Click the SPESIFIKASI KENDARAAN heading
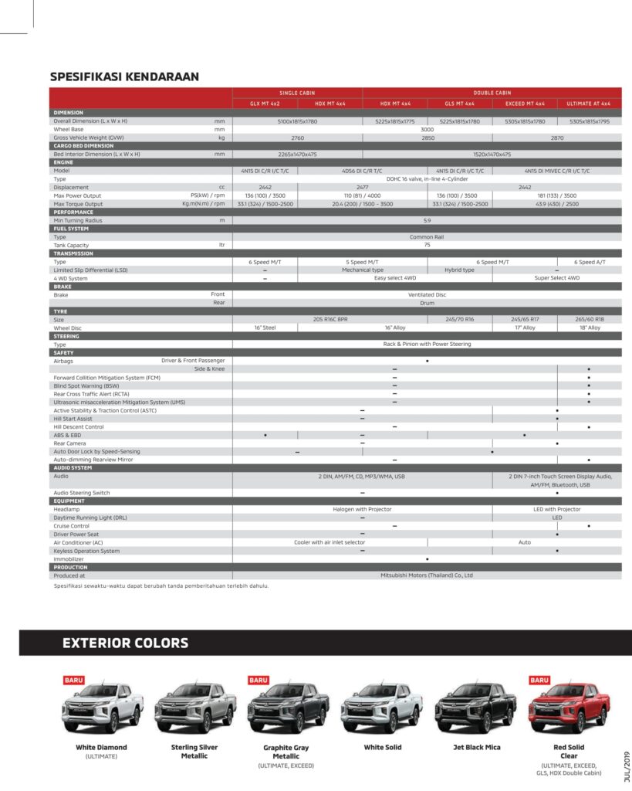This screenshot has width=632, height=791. [x=124, y=76]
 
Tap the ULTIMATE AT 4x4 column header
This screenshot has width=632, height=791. [x=589, y=104]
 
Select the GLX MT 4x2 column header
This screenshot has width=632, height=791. [x=265, y=104]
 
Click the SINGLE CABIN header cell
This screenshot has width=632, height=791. [x=297, y=93]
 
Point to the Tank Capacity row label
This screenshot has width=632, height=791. [x=71, y=245]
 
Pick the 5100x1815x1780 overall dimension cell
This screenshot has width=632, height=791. [x=297, y=121]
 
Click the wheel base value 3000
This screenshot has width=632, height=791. [x=427, y=129]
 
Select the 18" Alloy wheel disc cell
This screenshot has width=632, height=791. [x=589, y=328]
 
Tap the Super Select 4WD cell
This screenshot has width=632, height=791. [x=556, y=278]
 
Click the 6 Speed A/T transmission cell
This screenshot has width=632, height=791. [x=590, y=262]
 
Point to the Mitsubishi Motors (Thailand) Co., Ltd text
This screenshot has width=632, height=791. [x=427, y=575]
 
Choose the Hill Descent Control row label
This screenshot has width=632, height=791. [x=78, y=426]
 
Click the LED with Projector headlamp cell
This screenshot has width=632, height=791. [x=556, y=509]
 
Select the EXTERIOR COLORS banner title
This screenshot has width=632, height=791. [x=125, y=643]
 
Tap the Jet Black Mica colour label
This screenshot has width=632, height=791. [x=476, y=747]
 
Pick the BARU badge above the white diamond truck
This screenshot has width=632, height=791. [x=74, y=680]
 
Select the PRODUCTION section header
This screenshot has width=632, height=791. [x=70, y=567]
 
